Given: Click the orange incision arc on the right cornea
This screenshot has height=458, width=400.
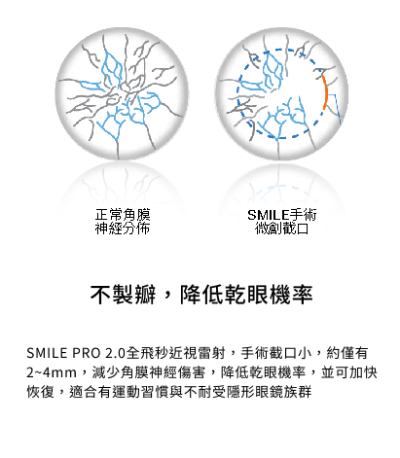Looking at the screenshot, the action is (x=325, y=93).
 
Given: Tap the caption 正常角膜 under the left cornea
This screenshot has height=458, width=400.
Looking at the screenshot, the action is (x=123, y=215).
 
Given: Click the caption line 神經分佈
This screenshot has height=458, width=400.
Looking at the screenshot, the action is (x=123, y=229).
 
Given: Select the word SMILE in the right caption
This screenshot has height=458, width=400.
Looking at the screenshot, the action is (x=268, y=215).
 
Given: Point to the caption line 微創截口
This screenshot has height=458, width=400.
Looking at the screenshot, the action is (x=282, y=229).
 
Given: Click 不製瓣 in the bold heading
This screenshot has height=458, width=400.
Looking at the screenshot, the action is (x=124, y=295).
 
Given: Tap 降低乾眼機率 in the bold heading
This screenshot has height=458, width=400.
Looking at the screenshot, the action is (x=246, y=295).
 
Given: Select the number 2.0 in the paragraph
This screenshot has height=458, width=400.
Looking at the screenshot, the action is (x=115, y=353).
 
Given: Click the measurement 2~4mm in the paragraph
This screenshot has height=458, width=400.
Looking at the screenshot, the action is (x=52, y=372).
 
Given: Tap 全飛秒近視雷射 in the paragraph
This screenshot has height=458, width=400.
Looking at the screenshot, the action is (x=176, y=353).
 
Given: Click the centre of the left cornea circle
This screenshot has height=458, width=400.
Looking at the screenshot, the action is (x=122, y=93).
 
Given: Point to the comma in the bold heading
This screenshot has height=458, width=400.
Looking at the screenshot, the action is (x=168, y=297).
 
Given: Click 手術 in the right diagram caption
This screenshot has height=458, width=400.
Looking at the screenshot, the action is (x=303, y=215).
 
